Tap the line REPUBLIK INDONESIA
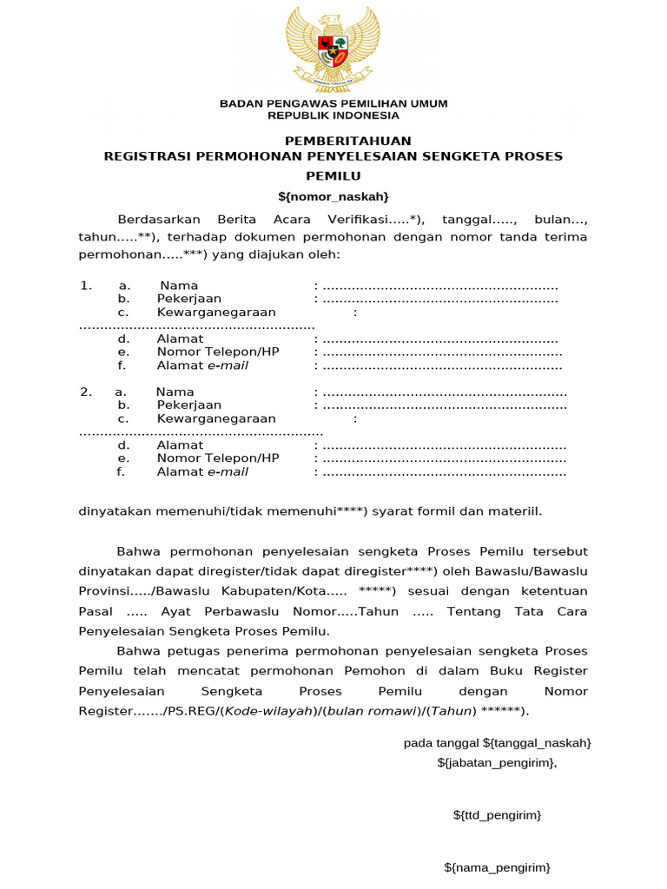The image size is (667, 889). pos(333,115)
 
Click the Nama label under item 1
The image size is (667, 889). pos(179,286)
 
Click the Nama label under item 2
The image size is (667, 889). pos(175,392)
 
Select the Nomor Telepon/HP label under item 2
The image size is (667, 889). pos(218,458)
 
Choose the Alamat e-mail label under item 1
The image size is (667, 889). pos(202,365)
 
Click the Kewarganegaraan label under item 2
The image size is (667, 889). pos(216,418)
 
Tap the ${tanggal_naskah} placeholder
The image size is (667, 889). pos(537,743)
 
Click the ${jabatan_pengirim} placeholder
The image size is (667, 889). pos(497,762)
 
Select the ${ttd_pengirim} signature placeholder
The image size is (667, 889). pos(498,815)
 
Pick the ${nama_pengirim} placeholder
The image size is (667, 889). pos(497,867)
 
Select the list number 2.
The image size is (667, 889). pos(85,392)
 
